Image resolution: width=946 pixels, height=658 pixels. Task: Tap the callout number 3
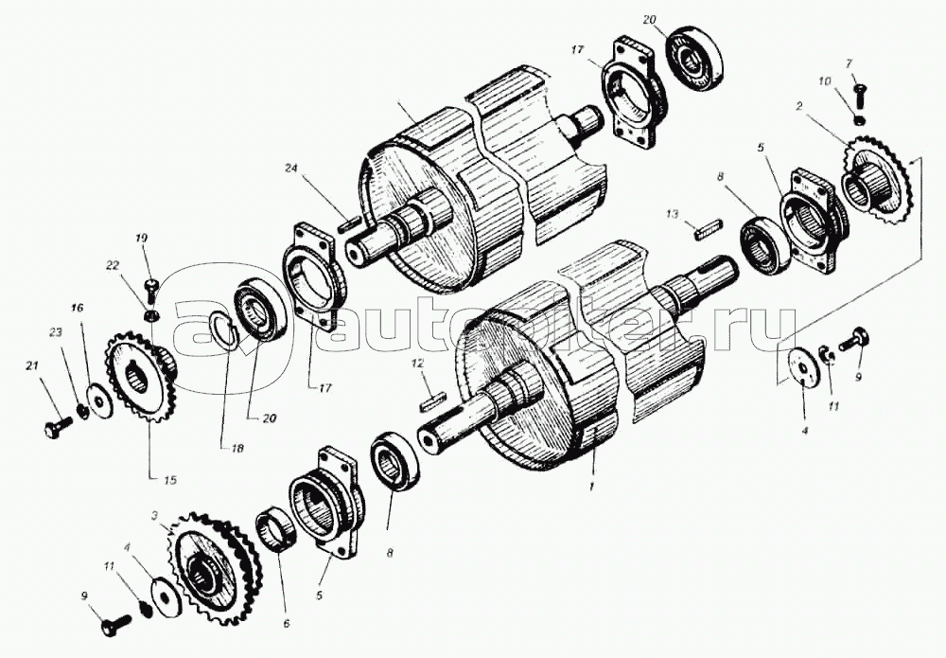153,517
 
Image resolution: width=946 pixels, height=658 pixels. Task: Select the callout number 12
416,363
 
